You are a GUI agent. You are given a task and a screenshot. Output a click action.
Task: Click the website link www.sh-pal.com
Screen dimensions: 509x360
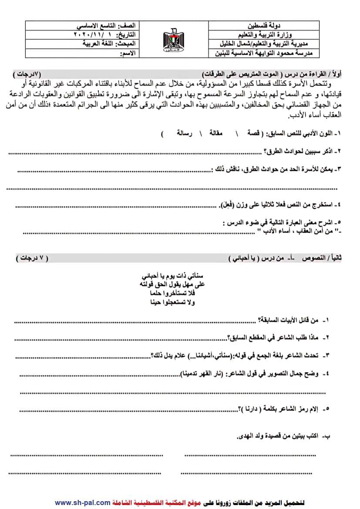click(82, 502)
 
